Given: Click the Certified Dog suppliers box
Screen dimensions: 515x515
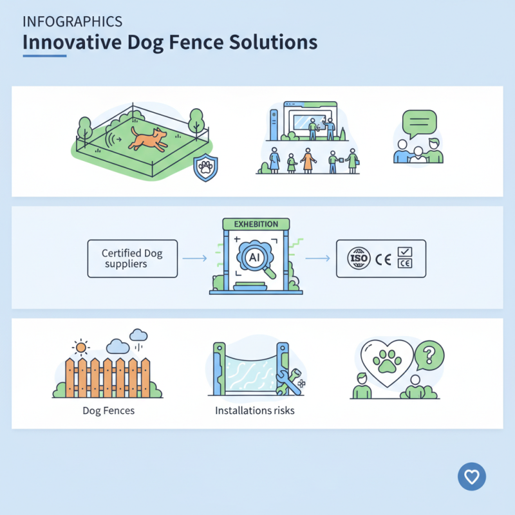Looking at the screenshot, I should tap(132, 258).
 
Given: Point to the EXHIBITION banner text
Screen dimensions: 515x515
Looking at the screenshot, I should tap(257, 224).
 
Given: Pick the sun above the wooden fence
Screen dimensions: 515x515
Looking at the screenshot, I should tap(80, 348).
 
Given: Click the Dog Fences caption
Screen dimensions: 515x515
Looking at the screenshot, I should tap(109, 410).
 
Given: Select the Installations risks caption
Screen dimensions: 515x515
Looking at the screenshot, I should tap(255, 410).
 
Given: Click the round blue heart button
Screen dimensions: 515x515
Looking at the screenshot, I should tap(472, 476).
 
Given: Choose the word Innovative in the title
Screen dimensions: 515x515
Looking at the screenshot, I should tap(70, 43).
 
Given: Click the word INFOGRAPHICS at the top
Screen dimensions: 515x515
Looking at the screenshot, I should tap(72, 21).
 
